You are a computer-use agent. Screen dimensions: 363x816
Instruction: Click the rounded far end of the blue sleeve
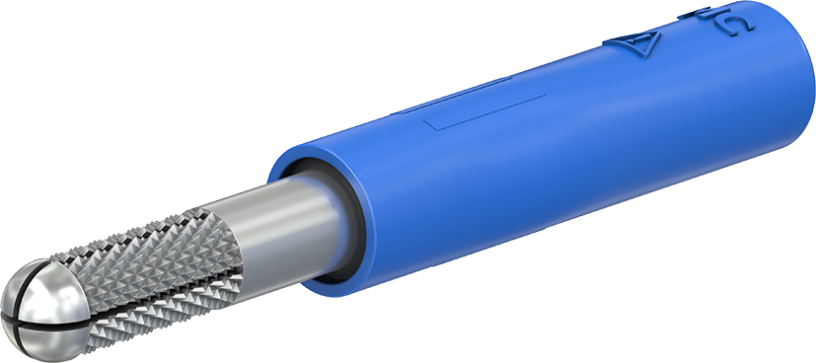pos(789,79)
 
